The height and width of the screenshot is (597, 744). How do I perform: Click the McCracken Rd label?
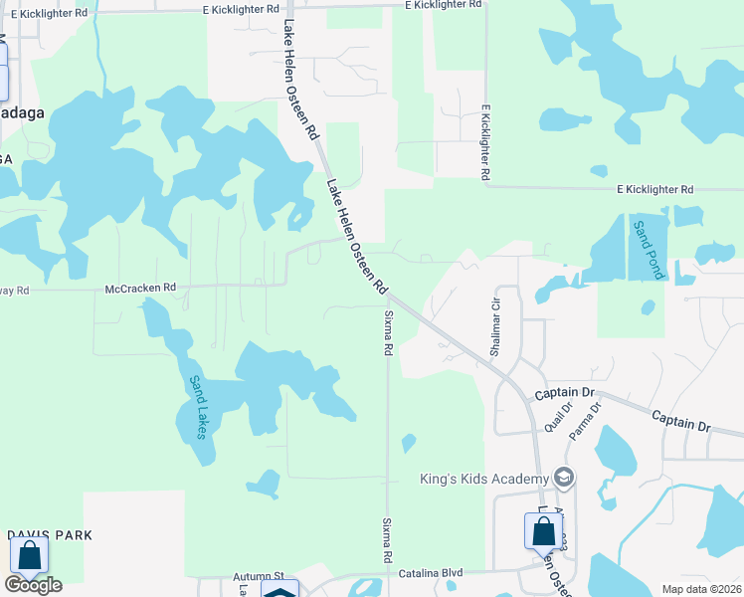(x=140, y=289)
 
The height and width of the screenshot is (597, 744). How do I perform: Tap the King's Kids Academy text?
(x=482, y=480)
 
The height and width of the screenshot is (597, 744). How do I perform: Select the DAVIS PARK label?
(x=50, y=535)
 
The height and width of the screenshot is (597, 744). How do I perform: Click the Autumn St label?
(x=259, y=576)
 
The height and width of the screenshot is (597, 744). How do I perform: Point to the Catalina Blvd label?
(x=433, y=574)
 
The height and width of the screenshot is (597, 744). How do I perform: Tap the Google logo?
(x=34, y=584)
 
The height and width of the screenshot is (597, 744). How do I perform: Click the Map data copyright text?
(x=701, y=589)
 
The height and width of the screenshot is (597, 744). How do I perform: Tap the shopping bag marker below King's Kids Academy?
(x=543, y=530)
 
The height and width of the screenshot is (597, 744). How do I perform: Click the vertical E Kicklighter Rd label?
(x=485, y=141)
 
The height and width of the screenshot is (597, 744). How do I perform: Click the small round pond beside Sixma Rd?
(x=408, y=442)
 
